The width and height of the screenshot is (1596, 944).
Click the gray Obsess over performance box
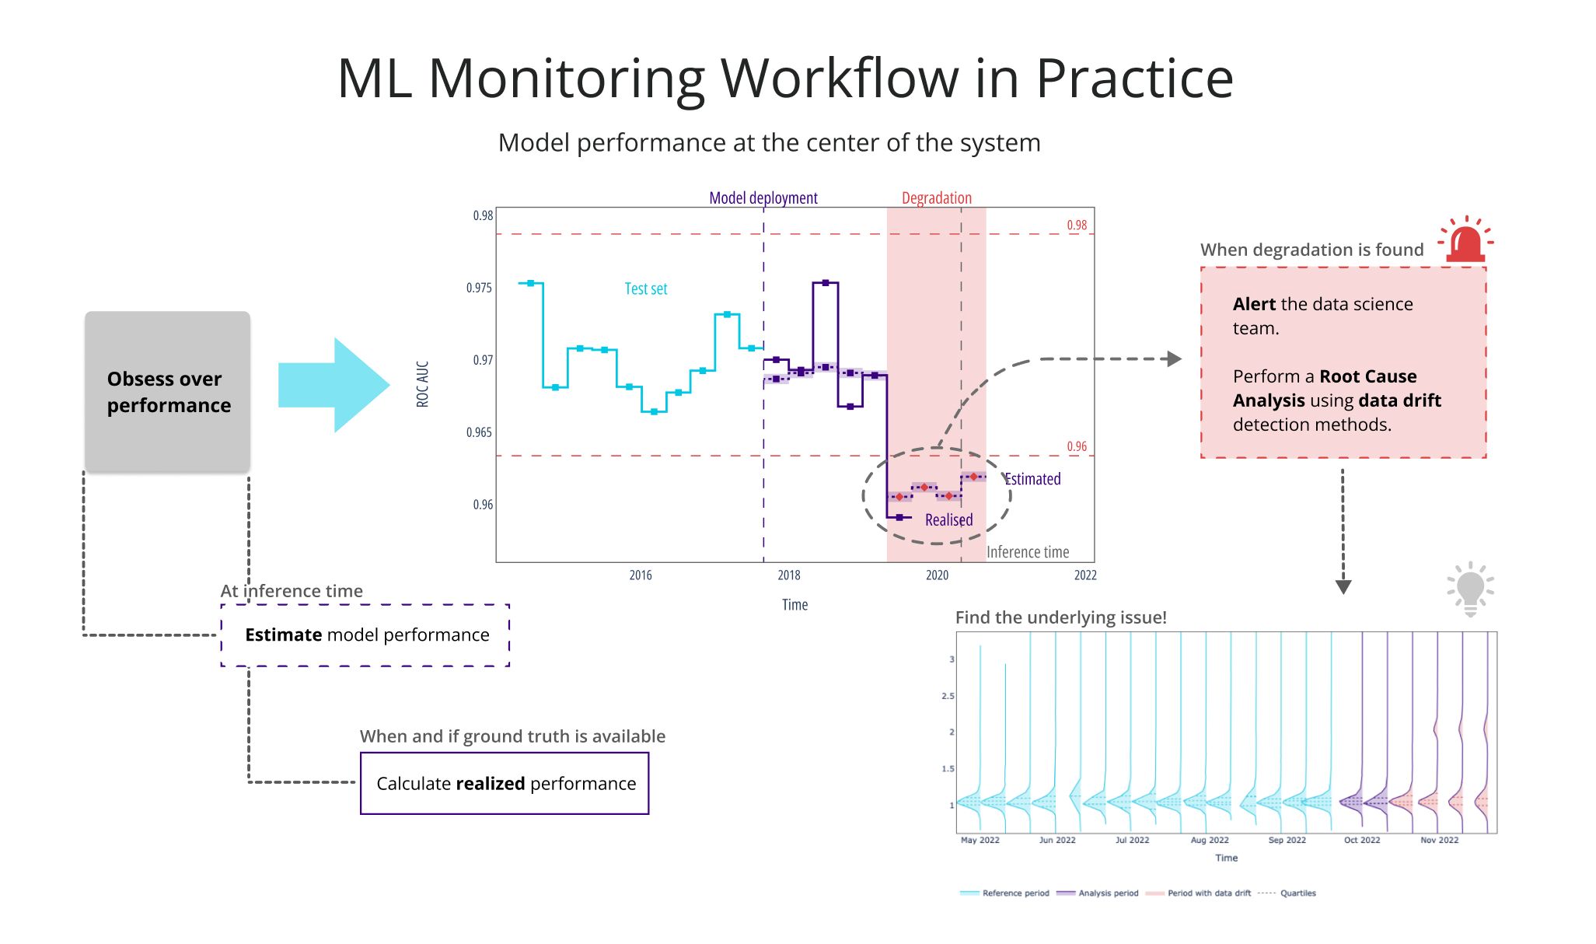(167, 391)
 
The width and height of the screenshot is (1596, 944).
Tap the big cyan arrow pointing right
(333, 384)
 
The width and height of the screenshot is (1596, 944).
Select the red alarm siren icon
(1465, 240)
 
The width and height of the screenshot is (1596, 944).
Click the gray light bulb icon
(1470, 589)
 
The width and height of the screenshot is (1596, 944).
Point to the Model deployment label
(763, 198)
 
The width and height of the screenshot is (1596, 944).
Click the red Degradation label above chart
(936, 198)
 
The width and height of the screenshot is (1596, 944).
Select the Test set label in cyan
(645, 288)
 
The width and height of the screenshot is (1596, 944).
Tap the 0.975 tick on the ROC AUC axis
(479, 288)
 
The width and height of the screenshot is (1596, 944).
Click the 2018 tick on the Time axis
(788, 575)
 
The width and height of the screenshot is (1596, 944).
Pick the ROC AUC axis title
(422, 383)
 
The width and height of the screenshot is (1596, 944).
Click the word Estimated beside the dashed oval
(1032, 479)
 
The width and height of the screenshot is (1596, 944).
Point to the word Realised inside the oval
(948, 519)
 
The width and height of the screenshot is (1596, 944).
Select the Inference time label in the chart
(1027, 551)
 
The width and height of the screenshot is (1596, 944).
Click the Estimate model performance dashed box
(365, 635)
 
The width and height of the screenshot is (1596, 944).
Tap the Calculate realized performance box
(505, 783)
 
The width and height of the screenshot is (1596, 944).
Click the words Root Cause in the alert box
(1367, 376)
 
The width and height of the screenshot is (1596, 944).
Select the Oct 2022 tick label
(1361, 840)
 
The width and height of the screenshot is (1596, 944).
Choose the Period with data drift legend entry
(1208, 893)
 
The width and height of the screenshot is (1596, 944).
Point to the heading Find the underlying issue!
(1060, 617)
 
